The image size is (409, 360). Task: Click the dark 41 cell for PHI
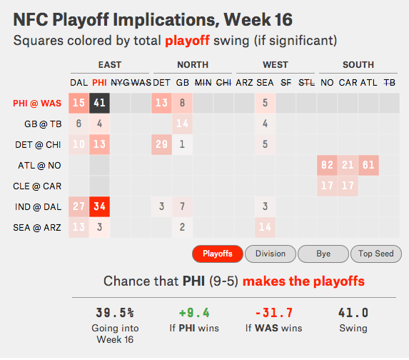[x=99, y=103]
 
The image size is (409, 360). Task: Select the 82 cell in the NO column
[x=327, y=165]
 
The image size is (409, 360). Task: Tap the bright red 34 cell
[x=99, y=206]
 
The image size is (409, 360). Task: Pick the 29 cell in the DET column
[x=161, y=144]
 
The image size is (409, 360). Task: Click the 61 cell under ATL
[x=368, y=165]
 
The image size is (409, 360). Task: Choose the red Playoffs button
[x=218, y=254]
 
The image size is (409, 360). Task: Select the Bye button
[x=323, y=254]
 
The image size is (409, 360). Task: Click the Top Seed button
[x=376, y=254]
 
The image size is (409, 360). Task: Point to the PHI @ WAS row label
[x=37, y=104]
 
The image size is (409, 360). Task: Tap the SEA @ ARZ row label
[x=37, y=228]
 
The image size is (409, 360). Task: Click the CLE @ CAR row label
[x=37, y=186]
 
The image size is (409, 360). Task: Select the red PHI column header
[x=99, y=83]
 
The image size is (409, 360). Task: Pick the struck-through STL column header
[x=306, y=83]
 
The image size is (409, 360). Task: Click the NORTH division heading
[x=193, y=65]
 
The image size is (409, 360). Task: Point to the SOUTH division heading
[x=358, y=65]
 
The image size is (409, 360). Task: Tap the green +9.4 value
[x=194, y=313]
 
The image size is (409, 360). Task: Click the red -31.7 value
[x=274, y=313]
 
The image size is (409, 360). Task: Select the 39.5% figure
[x=115, y=313]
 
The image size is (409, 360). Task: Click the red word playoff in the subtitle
[x=187, y=41]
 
